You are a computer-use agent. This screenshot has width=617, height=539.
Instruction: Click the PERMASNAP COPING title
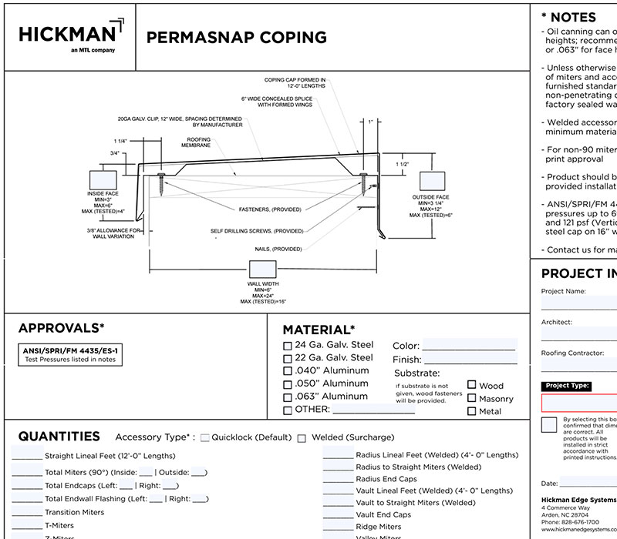click(236, 38)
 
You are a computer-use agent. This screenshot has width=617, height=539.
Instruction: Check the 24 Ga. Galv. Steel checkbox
click(288, 346)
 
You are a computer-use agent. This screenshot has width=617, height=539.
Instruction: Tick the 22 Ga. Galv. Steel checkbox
click(288, 359)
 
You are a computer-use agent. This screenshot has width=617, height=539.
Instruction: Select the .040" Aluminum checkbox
click(288, 372)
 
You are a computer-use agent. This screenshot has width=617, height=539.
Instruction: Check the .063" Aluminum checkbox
click(288, 397)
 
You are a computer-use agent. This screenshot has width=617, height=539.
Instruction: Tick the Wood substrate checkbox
click(471, 385)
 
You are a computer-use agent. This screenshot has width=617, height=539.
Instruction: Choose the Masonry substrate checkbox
click(471, 398)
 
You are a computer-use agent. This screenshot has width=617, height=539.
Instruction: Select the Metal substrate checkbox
click(471, 411)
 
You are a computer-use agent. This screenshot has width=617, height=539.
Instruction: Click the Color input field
click(469, 345)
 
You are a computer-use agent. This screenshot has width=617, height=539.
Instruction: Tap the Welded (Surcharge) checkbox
click(302, 438)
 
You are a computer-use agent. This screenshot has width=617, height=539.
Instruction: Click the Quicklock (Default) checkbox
click(205, 437)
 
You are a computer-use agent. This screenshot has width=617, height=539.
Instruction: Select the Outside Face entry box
click(434, 181)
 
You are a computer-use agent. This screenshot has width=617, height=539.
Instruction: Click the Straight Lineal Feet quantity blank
click(27, 455)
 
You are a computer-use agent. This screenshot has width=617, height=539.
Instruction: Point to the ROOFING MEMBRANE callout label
click(196, 143)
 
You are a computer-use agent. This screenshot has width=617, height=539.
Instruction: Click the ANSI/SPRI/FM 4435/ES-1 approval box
click(69, 354)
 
